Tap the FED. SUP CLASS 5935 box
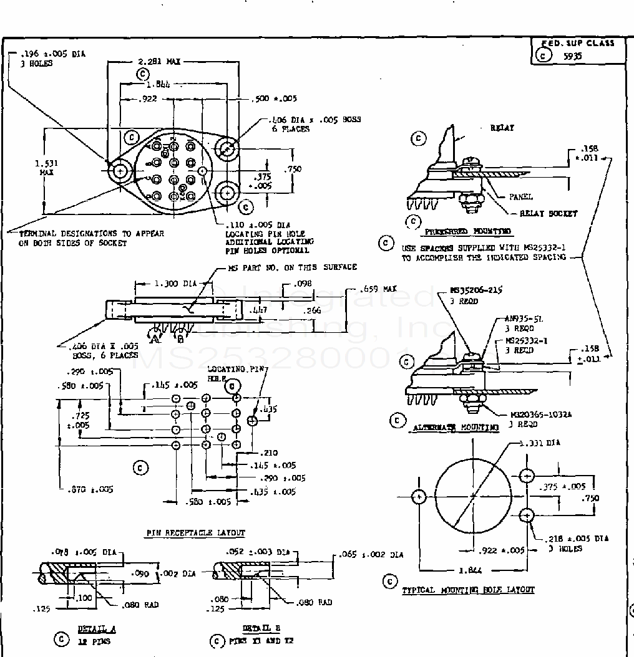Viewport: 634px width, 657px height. pyautogui.click(x=578, y=50)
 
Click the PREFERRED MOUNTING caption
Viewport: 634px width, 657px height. pyautogui.click(x=467, y=231)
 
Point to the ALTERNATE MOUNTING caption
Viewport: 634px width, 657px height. pyautogui.click(x=456, y=428)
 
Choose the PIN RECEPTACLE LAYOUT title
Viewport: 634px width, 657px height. pyautogui.click(x=195, y=533)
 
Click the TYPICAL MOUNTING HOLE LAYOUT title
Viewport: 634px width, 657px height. pyautogui.click(x=468, y=590)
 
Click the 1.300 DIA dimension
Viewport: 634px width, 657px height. pyautogui.click(x=175, y=284)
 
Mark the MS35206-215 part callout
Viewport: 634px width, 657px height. pyautogui.click(x=476, y=290)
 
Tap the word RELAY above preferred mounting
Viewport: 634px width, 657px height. pyautogui.click(x=502, y=128)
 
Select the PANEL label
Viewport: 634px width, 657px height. pyautogui.click(x=520, y=197)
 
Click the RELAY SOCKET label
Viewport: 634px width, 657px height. pyautogui.click(x=549, y=214)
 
